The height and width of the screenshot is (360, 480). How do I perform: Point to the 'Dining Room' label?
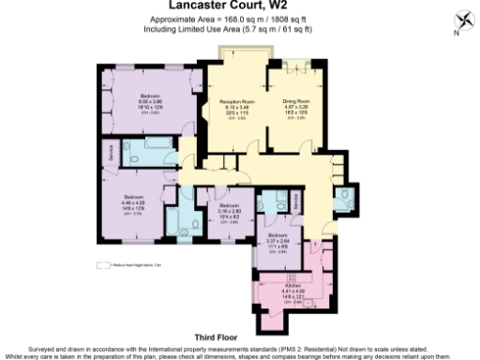[296, 99]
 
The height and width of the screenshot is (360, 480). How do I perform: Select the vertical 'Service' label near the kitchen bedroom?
[296, 201]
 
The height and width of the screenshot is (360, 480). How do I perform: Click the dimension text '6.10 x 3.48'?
[236, 106]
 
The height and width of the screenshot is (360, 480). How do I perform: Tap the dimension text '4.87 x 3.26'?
[296, 106]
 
